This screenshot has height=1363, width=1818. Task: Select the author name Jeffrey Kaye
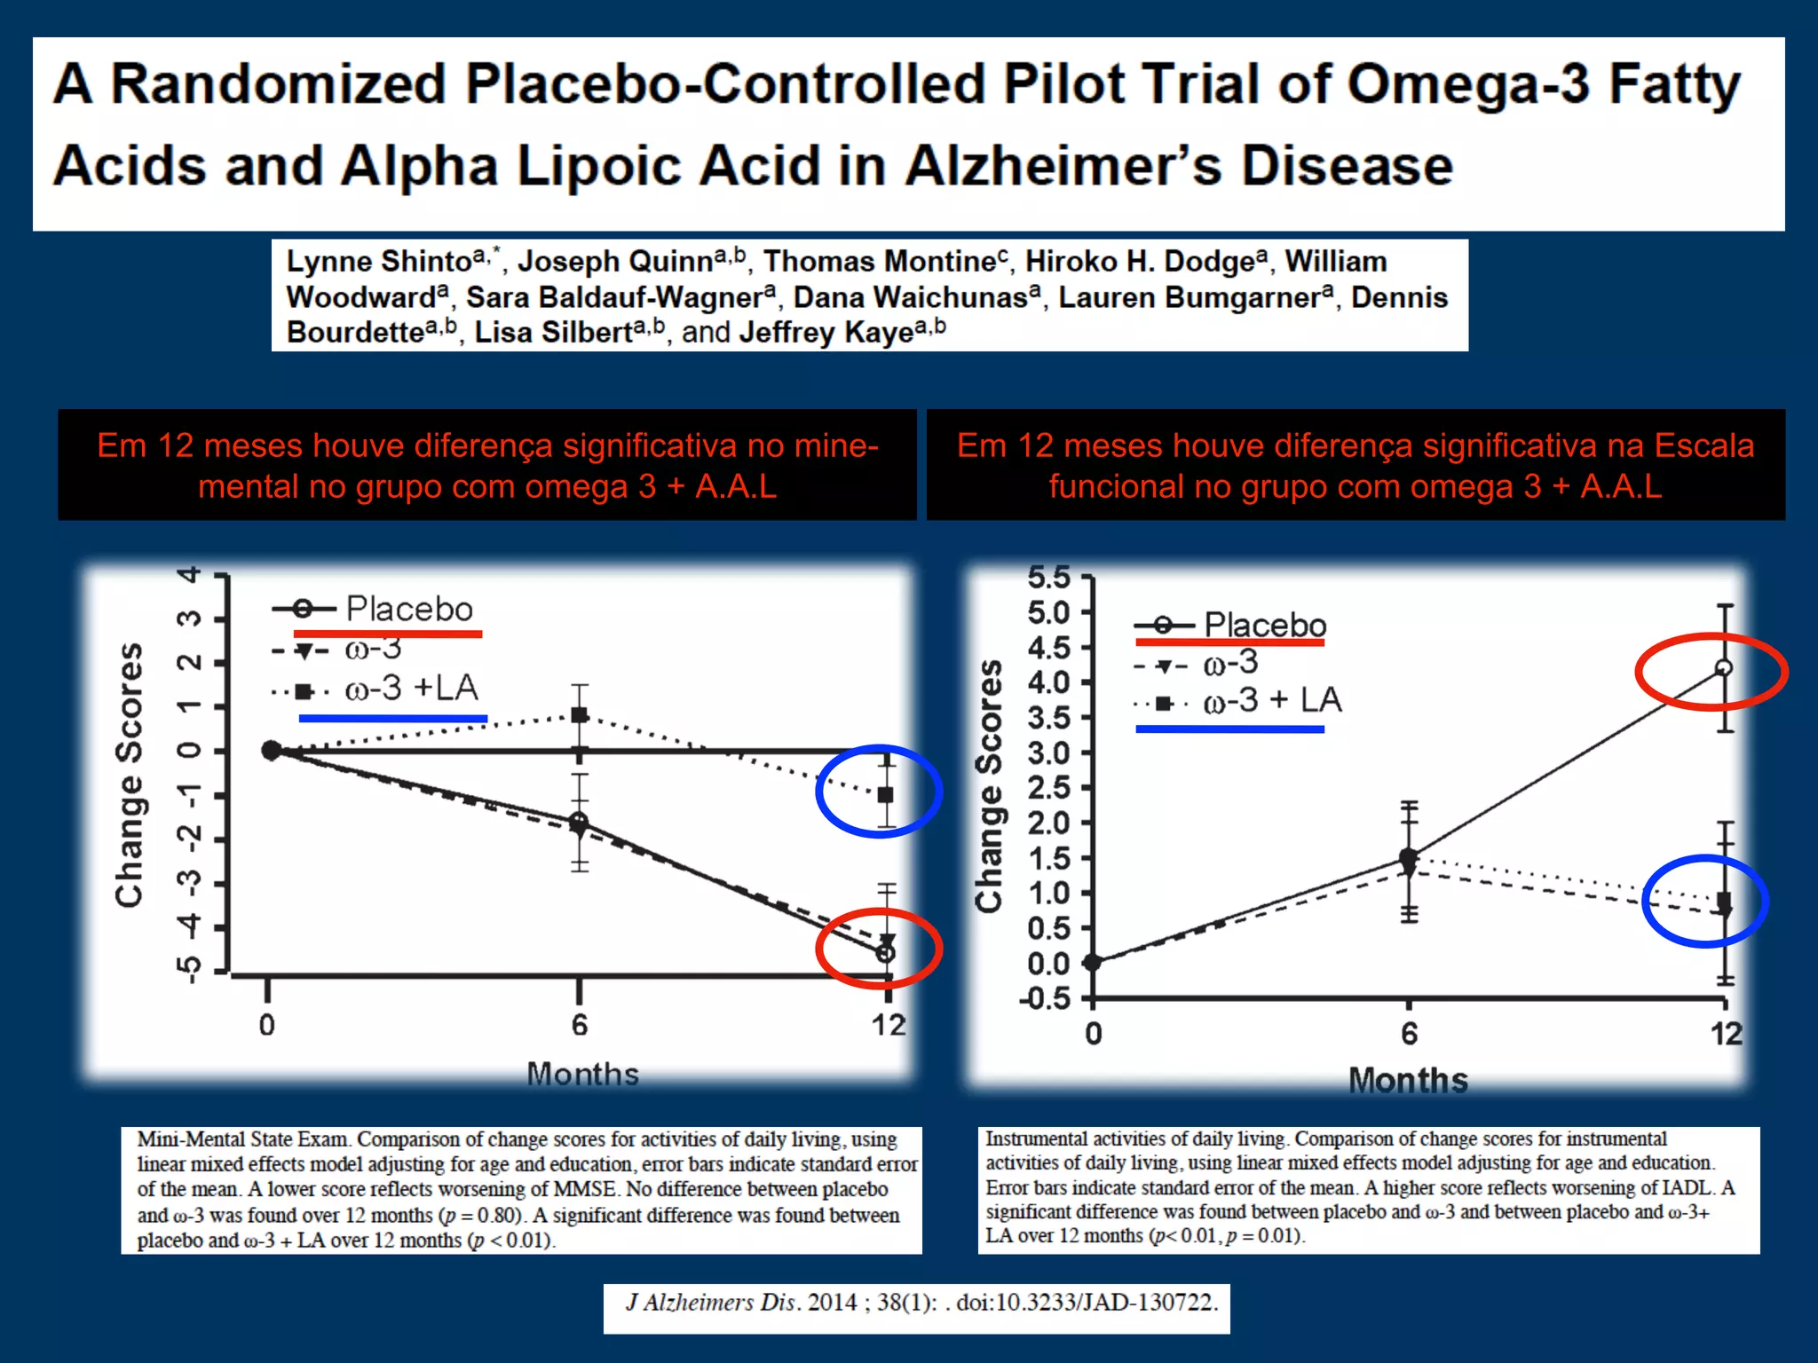pos(826,332)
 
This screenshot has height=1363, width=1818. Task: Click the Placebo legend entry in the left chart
pos(408,609)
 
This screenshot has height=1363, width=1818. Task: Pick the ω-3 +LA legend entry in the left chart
pos(410,688)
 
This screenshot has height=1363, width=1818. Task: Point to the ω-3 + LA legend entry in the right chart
pos(1271,700)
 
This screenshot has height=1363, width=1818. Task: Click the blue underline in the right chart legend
pos(1229,729)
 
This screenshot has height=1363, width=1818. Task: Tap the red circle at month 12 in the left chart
pos(879,949)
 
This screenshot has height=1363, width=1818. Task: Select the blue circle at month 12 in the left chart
pos(879,791)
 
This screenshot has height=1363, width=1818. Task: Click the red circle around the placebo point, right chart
pos(1711,672)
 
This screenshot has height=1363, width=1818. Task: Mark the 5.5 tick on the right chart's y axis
pos(1049,578)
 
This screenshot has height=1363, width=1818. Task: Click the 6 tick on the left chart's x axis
pos(580,1025)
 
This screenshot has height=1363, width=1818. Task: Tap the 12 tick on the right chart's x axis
pos(1726,1034)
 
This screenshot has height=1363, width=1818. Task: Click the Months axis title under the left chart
pos(582,1074)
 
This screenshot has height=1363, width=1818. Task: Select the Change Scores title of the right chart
pos(989,786)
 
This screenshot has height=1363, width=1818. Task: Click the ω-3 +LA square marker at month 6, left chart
pos(580,714)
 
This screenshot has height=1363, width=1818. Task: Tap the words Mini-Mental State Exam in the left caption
pos(244,1139)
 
